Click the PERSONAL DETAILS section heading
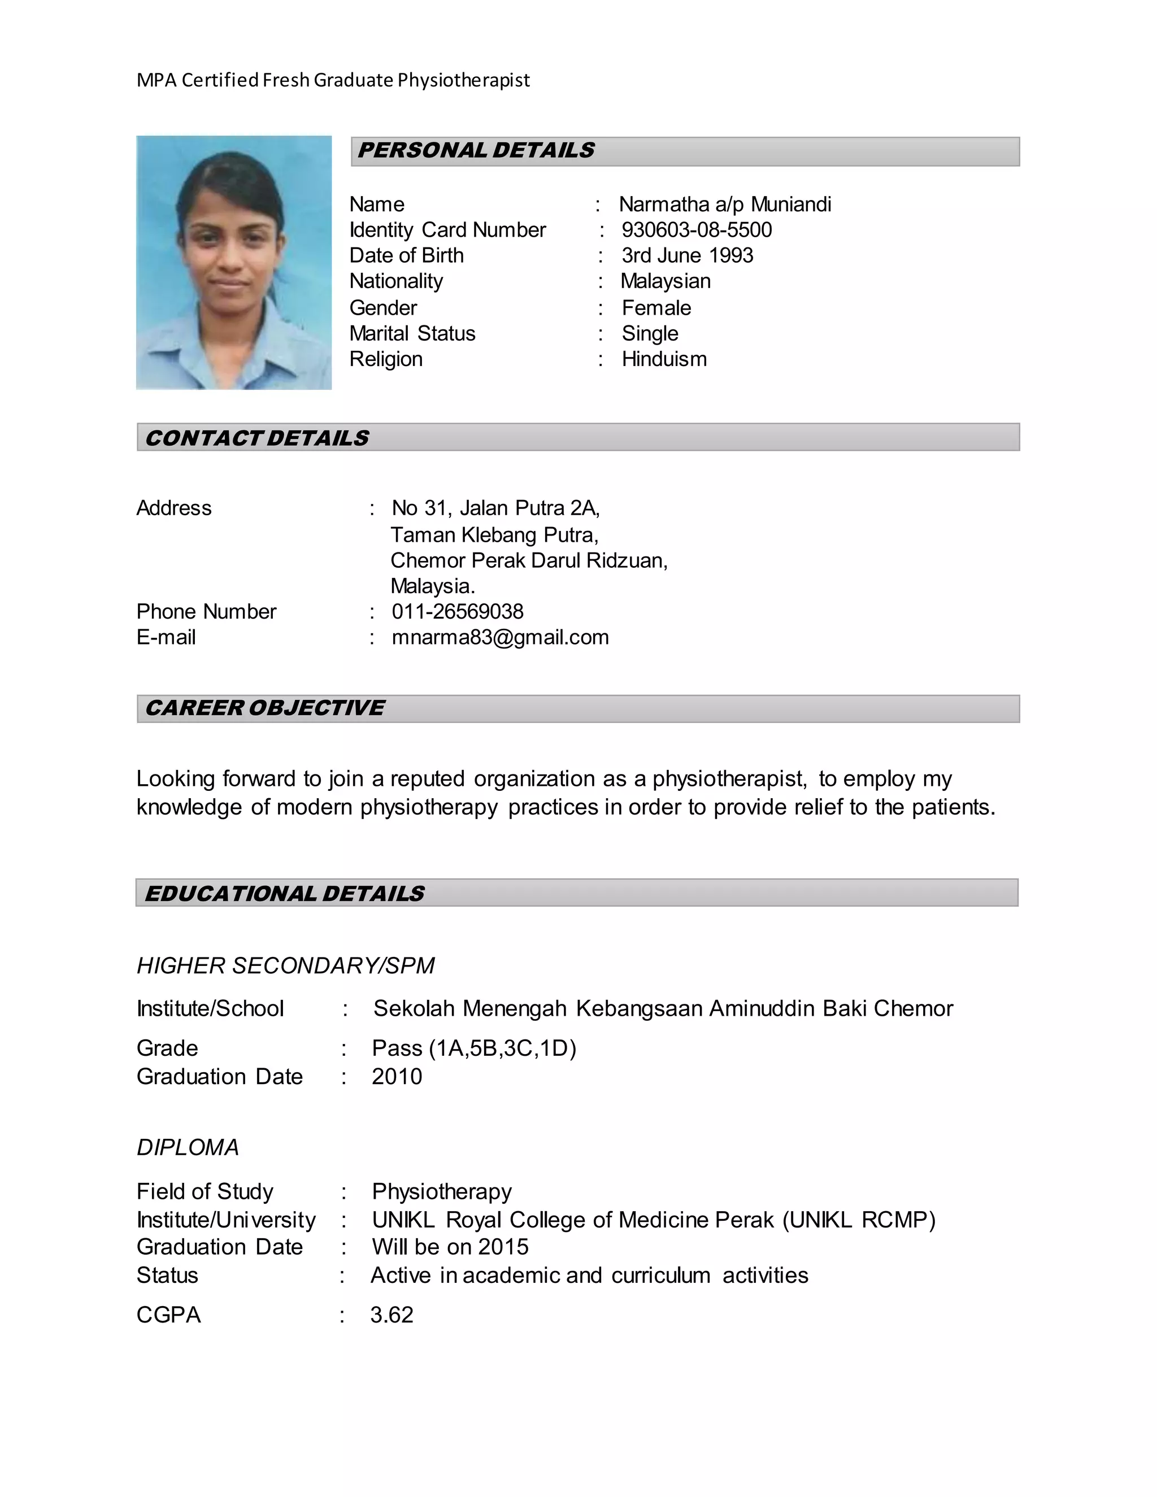point(476,150)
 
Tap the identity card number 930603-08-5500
point(697,229)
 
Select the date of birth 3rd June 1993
point(687,255)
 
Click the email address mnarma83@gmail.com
point(499,637)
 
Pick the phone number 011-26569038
point(457,611)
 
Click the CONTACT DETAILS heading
point(257,437)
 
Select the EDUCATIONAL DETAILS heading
point(285,893)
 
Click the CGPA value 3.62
point(392,1314)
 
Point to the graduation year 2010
point(397,1076)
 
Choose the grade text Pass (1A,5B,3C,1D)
point(473,1048)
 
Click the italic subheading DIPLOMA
point(188,1147)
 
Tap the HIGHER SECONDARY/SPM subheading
point(285,965)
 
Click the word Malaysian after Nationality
point(666,281)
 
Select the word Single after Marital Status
point(650,333)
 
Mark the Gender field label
point(382,308)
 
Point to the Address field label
point(174,508)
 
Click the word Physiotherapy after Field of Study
point(441,1191)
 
